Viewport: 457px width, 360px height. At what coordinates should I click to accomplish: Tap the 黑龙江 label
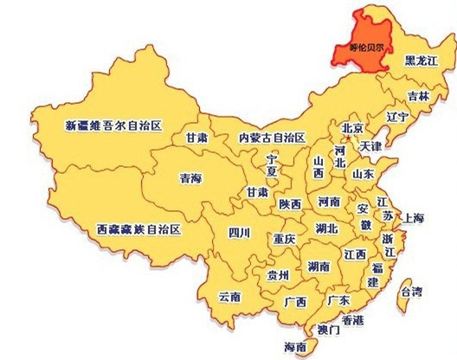point(422,61)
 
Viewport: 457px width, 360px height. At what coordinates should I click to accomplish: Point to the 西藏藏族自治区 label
point(138,229)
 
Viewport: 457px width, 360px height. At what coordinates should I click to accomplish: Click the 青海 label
point(190,178)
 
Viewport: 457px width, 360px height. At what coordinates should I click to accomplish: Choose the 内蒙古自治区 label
point(274,138)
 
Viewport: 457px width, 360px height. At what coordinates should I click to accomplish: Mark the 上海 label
point(415,218)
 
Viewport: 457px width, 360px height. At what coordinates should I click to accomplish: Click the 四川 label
point(239,232)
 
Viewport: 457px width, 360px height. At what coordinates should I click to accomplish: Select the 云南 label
point(229,296)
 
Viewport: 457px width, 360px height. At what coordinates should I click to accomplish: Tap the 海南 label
point(295,347)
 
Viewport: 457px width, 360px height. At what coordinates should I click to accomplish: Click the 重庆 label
point(284,238)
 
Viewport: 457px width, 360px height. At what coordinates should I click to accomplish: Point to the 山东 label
point(363,173)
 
